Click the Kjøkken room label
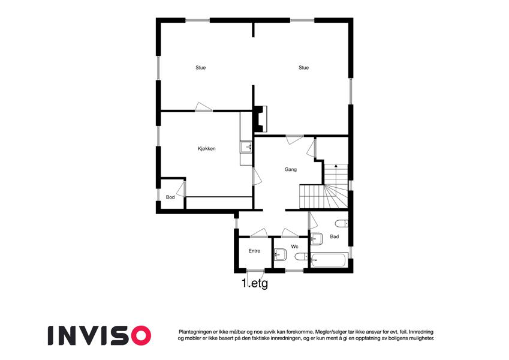207,149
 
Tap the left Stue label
201,68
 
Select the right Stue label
303,68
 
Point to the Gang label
291,169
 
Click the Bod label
170,197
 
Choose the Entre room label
254,251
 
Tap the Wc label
294,247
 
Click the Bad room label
335,236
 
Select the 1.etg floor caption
255,283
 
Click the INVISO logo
100,335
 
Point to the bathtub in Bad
330,260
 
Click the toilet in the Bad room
342,224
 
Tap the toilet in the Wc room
301,257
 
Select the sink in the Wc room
280,254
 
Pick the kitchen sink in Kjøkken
246,147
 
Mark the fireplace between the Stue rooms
260,119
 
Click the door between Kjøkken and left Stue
204,107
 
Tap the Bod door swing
181,190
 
